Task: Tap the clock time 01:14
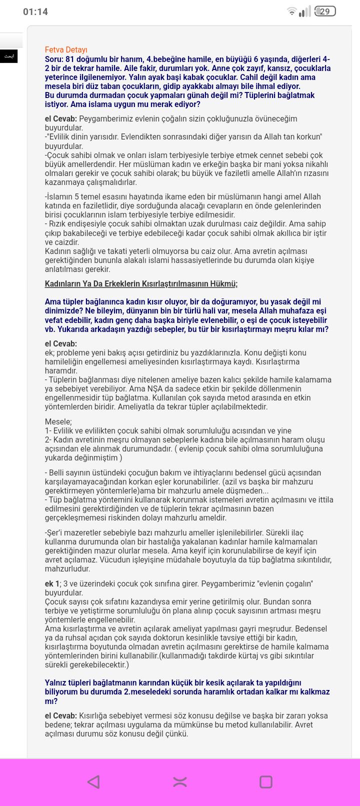[x=35, y=11]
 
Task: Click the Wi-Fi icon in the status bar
[x=291, y=11]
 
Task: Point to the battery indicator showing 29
[x=325, y=11]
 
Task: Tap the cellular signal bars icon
[x=304, y=11]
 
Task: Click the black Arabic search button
[x=9, y=56]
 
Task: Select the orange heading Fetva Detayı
[x=66, y=49]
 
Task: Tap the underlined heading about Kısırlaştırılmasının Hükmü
[x=141, y=284]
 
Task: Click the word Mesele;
[x=58, y=422]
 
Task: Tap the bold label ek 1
[x=52, y=584]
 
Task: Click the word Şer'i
[x=56, y=533]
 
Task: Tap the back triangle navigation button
[x=93, y=781]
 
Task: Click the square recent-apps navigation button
[x=266, y=781]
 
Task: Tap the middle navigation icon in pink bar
[x=180, y=782]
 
